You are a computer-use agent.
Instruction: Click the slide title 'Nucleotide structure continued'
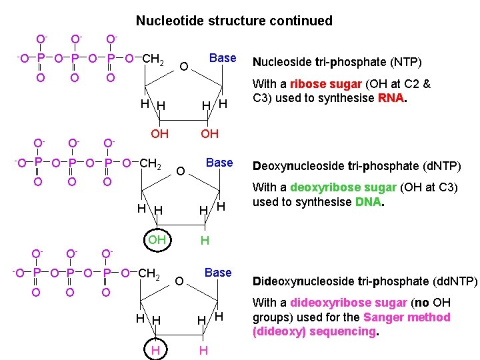point(234,21)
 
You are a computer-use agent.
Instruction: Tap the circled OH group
point(157,239)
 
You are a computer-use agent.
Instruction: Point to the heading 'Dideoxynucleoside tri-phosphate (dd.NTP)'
point(365,281)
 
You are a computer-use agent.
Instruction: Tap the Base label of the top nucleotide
point(223,58)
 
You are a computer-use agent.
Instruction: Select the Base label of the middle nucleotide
point(219,163)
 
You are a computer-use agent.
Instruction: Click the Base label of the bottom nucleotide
point(218,273)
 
